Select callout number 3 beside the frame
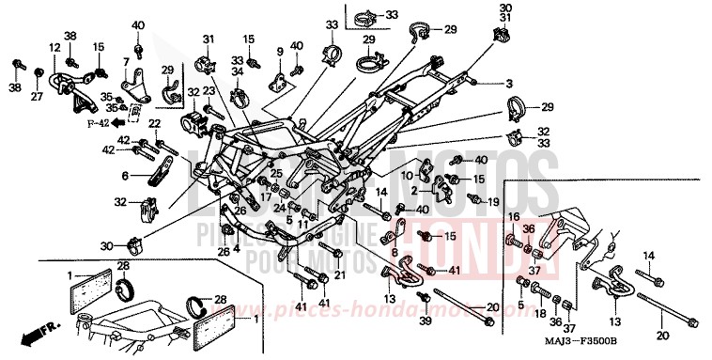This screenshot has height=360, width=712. click(508, 84)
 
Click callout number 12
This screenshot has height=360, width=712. click(54, 48)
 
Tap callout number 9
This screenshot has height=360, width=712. click(279, 50)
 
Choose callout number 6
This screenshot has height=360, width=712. click(124, 175)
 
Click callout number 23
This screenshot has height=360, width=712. click(209, 90)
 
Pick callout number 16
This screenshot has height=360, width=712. click(514, 216)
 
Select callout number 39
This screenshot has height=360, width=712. click(424, 323)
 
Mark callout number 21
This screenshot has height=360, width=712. click(339, 274)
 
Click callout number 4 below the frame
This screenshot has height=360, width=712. click(237, 249)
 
